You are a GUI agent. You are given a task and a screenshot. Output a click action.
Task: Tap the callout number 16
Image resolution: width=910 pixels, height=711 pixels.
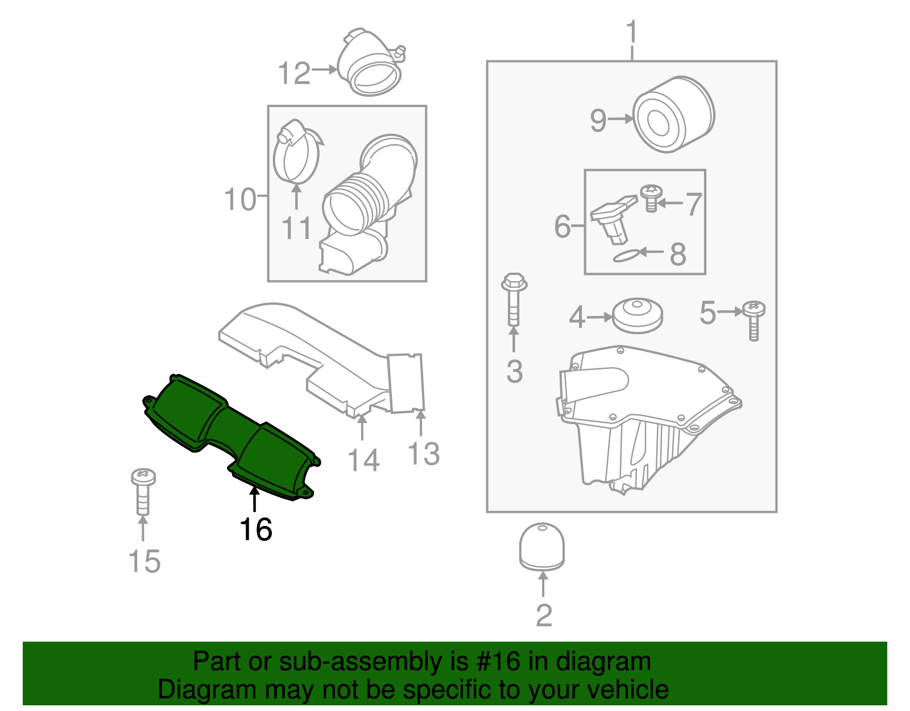[x=256, y=530]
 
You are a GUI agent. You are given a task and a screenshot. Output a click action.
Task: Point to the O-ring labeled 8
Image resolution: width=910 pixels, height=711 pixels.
[x=626, y=256]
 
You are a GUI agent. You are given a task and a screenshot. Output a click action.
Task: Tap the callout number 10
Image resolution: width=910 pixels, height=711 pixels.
[x=240, y=200]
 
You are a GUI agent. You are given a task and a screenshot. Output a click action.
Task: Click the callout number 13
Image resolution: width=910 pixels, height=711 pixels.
[x=424, y=454]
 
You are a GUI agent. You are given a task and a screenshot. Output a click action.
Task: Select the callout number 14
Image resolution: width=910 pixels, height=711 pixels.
[x=363, y=461]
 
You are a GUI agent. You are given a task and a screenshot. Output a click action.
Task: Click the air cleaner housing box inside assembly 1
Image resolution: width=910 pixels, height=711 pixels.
[x=643, y=421]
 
